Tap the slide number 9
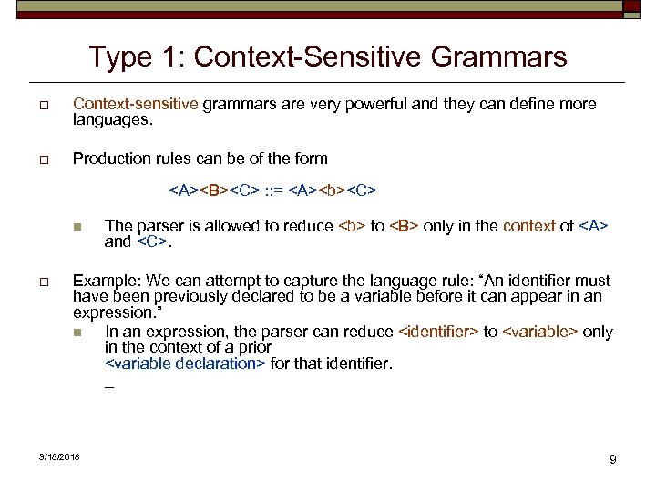(613, 459)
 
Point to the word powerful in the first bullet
(363, 104)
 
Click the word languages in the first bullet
(108, 119)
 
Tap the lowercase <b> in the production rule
(331, 191)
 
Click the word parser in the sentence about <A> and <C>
(156, 226)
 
